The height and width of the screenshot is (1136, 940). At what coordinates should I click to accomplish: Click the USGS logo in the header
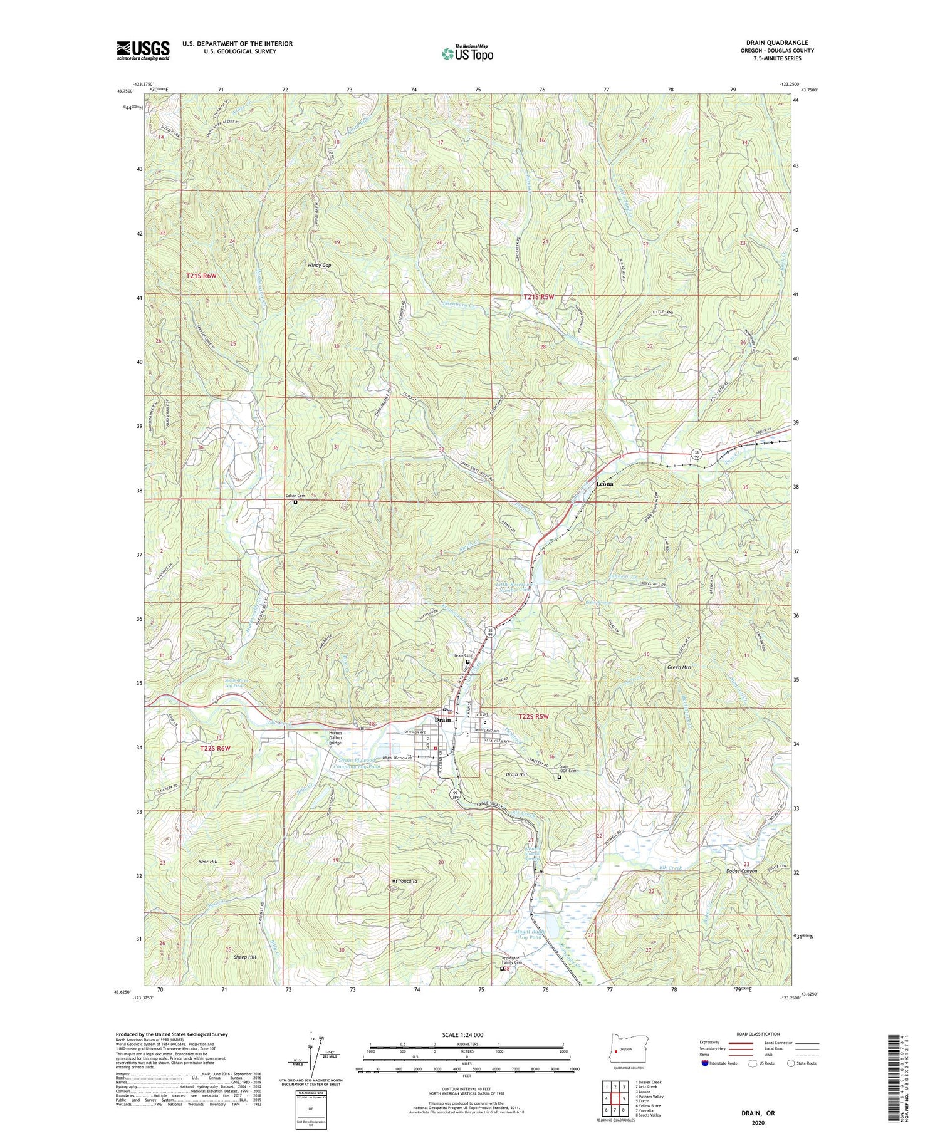pyautogui.click(x=143, y=50)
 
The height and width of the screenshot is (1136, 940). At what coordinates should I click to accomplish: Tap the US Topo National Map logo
pyautogui.click(x=467, y=53)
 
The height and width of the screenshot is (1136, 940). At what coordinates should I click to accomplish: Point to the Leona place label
pyautogui.click(x=605, y=484)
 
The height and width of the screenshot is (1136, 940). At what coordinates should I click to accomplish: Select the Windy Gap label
pyautogui.click(x=319, y=265)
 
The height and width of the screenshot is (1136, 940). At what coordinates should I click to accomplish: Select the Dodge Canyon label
pyautogui.click(x=741, y=871)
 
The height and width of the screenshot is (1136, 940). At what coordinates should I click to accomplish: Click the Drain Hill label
pyautogui.click(x=516, y=774)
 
